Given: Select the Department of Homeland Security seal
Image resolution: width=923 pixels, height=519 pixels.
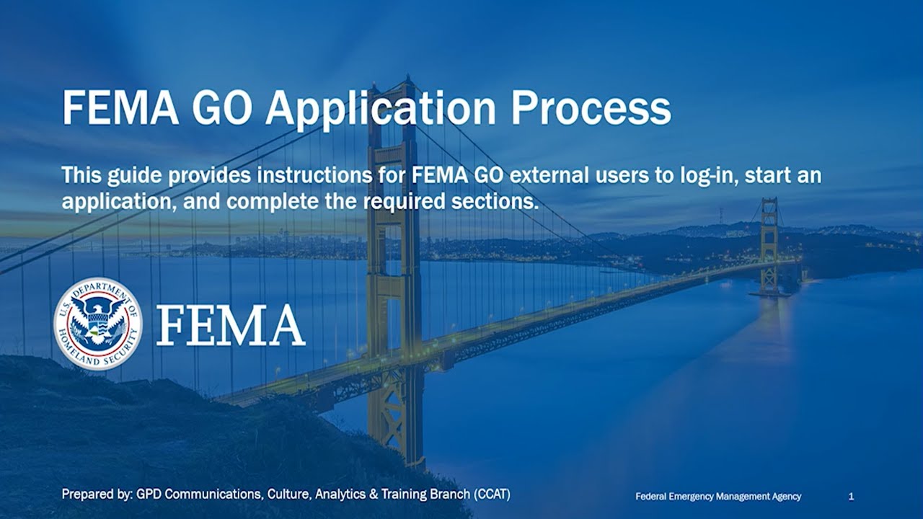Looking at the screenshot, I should click(98, 324).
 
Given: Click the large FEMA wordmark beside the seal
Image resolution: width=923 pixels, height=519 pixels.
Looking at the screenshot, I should click(231, 325).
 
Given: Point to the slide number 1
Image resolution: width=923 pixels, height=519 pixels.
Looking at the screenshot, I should click(852, 496).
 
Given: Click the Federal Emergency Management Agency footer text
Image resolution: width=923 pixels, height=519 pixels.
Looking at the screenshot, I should click(718, 496).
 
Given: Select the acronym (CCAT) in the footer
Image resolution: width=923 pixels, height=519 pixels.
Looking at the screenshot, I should click(492, 494).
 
